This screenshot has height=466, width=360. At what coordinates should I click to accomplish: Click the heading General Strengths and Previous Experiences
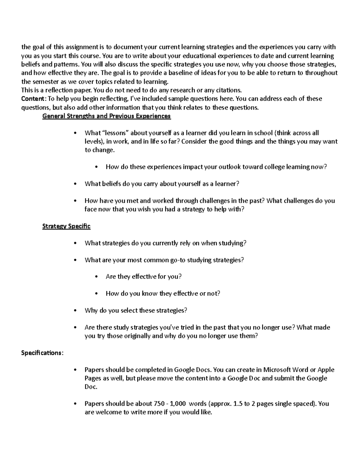click(x=106, y=116)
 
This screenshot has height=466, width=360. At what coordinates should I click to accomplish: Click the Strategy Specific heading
click(x=66, y=226)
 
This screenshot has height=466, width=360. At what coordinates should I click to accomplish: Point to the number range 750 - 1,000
click(x=169, y=404)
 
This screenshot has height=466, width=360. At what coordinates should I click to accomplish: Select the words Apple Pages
click(x=326, y=370)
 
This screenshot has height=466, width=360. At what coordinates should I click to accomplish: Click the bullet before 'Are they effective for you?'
click(x=96, y=277)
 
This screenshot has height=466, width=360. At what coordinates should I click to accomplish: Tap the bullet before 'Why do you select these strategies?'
click(x=75, y=311)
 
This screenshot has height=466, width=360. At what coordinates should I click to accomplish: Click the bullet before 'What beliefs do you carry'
click(x=75, y=184)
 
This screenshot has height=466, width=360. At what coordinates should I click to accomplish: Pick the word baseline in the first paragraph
click(x=181, y=73)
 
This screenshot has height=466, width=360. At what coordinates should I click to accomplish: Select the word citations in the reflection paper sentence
click(x=228, y=90)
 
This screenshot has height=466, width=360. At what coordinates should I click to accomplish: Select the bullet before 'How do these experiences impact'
click(x=96, y=167)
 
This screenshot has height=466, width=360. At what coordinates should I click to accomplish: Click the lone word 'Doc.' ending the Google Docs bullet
click(x=91, y=387)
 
